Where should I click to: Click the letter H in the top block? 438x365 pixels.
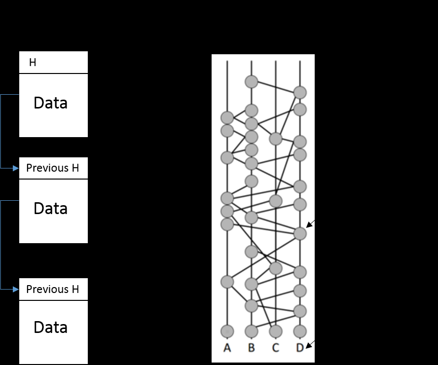pos(33,63)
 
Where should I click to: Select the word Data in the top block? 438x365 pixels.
pos(50,104)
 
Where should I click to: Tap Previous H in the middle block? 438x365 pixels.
pos(52,168)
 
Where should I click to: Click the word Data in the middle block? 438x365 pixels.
pos(50,209)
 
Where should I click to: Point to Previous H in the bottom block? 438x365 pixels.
pos(52,289)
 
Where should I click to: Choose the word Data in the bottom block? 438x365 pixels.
pos(50,328)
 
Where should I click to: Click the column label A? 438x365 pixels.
pos(227,348)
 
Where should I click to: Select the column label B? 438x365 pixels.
pos(252,348)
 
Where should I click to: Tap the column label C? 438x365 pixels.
pos(275,348)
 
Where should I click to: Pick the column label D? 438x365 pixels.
pos(300,348)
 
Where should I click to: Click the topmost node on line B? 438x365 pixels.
pos(252,81)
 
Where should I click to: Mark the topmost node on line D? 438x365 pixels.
pos(300,92)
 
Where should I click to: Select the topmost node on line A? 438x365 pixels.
pos(227,118)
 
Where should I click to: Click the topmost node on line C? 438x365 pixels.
pos(275,139)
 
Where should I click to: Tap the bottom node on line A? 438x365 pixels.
pos(227,331)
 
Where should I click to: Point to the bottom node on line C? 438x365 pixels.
pos(275,331)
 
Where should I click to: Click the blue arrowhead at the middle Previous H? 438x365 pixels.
pos(16,168)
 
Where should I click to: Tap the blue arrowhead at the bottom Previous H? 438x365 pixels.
pos(16,289)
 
